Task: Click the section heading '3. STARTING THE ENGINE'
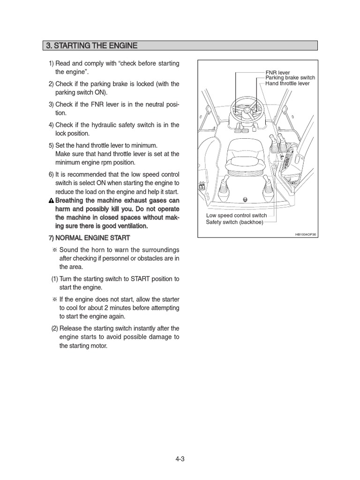(91, 45)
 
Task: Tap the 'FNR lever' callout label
(277, 73)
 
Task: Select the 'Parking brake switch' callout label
(290, 78)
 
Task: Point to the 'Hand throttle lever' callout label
(287, 83)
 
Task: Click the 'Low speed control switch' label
(237, 216)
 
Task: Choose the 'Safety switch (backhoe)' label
(235, 222)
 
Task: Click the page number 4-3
(180, 459)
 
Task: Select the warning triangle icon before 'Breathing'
(52, 201)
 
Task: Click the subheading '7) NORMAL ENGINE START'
(90, 238)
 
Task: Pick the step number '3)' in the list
(51, 104)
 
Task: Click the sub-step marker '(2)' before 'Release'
(55, 328)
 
